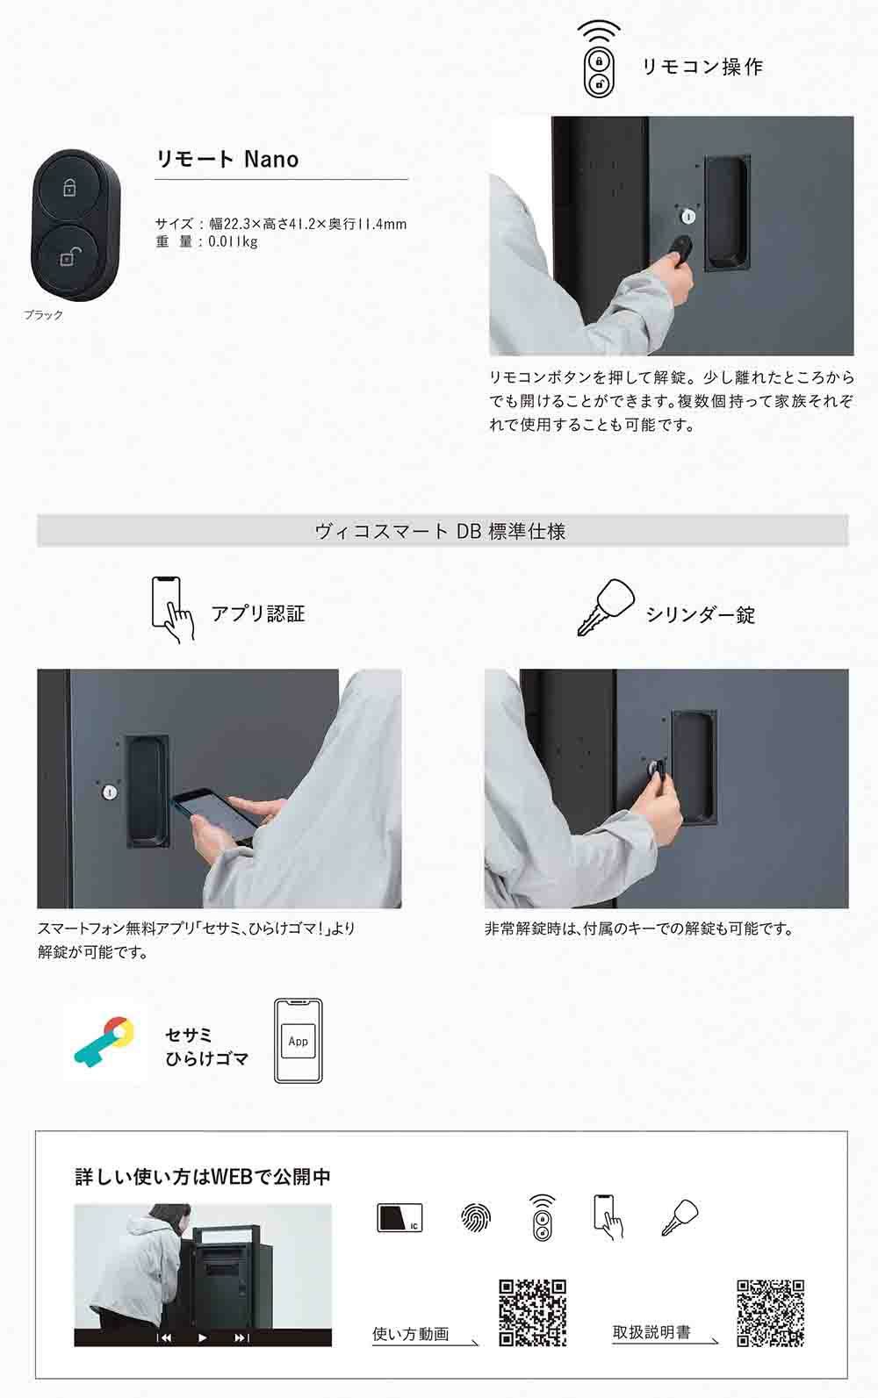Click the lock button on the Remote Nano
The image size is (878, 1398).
click(68, 186)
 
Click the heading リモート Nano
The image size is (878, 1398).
click(227, 160)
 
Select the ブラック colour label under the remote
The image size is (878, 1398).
click(44, 315)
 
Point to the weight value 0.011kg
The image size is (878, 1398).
click(233, 241)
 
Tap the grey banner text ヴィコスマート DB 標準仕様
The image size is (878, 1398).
click(440, 531)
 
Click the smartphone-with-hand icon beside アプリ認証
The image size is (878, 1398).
click(173, 609)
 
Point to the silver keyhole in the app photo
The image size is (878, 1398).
click(109, 792)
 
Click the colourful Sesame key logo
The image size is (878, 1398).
click(104, 1042)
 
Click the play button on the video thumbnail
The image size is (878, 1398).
click(202, 1337)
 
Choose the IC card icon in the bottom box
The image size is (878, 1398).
click(399, 1217)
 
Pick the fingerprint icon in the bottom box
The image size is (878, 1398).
click(476, 1217)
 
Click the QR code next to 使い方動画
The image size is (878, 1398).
click(533, 1313)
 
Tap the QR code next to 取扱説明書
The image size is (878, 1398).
click(771, 1313)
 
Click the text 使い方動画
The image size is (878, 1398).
click(411, 1334)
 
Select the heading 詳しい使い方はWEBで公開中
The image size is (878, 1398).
click(203, 1177)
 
